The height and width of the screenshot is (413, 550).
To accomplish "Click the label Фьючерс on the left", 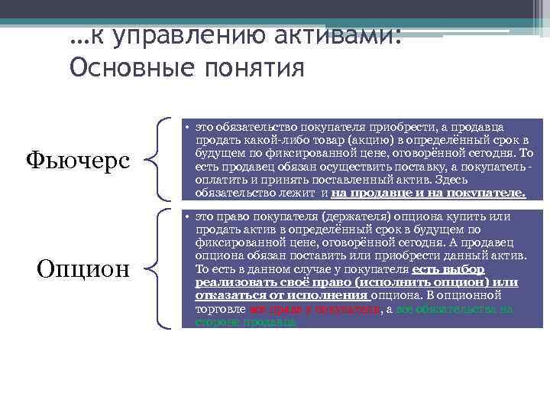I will tap(79, 160).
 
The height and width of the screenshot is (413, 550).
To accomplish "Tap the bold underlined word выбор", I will tap(467, 269).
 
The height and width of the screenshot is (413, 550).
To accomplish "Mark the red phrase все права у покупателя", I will tap(315, 308).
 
